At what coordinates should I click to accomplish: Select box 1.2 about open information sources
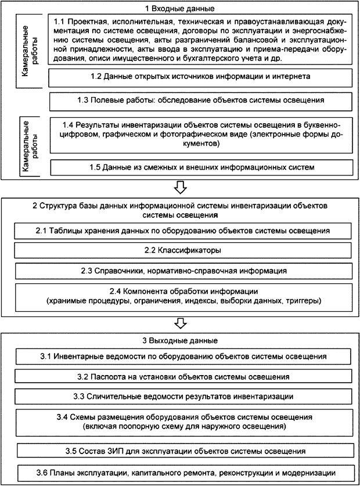(200, 76)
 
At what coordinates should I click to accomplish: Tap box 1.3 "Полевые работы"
(200, 100)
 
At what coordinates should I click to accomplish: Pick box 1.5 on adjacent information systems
(200, 168)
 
